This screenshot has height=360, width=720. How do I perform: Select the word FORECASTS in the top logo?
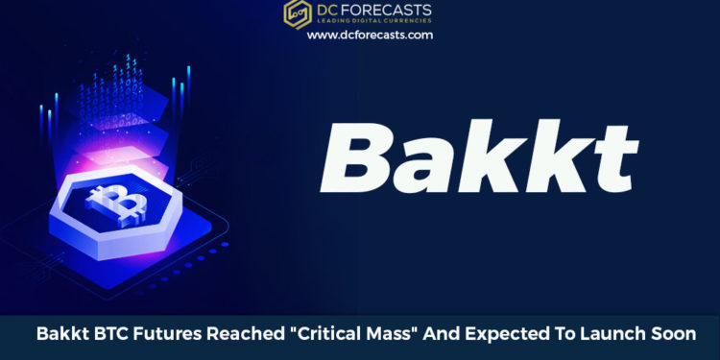click(x=387, y=11)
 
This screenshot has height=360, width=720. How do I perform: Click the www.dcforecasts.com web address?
click(x=370, y=35)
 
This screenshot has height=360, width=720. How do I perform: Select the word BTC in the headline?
click(x=117, y=334)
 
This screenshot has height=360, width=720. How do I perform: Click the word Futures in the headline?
click(x=174, y=334)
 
